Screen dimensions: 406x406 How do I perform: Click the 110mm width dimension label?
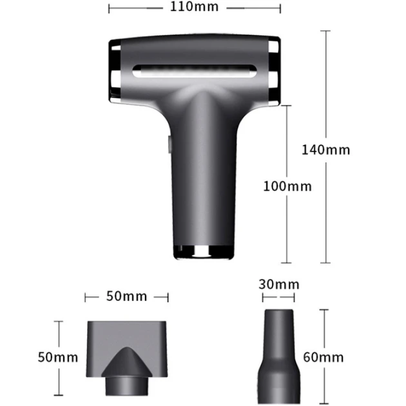tap(194, 6)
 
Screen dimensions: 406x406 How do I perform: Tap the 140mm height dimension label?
tap(326, 150)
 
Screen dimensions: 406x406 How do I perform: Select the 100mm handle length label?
tap(288, 186)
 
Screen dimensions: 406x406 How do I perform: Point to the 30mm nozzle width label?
tap(279, 284)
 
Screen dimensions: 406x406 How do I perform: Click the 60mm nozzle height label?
tap(323, 357)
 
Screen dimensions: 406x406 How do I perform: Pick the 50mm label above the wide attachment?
tap(126, 296)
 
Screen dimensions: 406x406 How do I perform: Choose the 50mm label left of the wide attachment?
tap(58, 357)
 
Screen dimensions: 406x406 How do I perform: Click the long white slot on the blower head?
tap(194, 71)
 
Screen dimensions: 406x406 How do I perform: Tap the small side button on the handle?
tap(169, 144)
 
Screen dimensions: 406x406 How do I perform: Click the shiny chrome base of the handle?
tap(204, 252)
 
